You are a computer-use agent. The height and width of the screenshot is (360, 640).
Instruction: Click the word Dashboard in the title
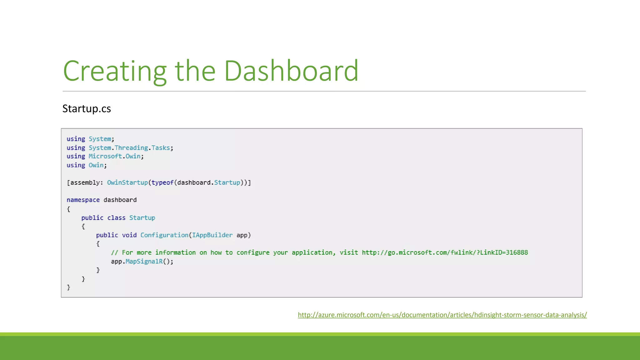(291, 71)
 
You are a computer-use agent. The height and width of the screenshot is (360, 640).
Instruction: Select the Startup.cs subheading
(87, 109)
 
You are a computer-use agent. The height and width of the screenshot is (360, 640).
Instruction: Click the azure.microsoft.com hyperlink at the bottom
(442, 315)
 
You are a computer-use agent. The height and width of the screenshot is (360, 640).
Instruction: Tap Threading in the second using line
(131, 148)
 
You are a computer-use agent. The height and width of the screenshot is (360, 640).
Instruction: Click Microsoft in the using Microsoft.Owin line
(105, 156)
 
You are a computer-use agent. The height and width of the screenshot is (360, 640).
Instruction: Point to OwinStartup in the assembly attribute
(127, 182)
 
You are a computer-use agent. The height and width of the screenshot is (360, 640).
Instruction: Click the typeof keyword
(162, 182)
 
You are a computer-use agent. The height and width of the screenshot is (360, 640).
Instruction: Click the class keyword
(116, 218)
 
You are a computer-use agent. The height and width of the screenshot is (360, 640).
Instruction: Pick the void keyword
(129, 235)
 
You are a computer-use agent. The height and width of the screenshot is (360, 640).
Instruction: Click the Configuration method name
(164, 235)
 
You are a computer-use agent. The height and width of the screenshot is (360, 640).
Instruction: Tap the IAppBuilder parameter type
(212, 235)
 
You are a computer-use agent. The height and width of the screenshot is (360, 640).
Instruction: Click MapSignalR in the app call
(144, 261)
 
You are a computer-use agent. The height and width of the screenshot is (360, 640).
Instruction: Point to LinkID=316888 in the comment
(504, 252)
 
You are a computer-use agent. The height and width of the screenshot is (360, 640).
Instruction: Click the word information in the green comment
(175, 252)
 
